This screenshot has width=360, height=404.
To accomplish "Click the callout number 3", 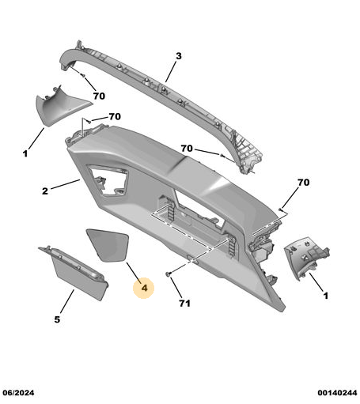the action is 179,56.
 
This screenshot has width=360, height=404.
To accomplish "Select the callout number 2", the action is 45,191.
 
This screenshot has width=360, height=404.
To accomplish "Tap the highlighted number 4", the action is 144,288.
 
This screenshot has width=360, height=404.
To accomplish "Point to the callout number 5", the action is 57,319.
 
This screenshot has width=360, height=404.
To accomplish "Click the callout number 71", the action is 184,303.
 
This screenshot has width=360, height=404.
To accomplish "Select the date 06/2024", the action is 18,393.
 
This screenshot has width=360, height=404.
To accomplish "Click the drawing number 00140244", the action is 337,393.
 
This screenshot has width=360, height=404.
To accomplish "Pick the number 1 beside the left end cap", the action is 25,153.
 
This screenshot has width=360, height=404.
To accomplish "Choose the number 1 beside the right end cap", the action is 326,296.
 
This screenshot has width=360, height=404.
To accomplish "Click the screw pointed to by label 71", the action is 168,274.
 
